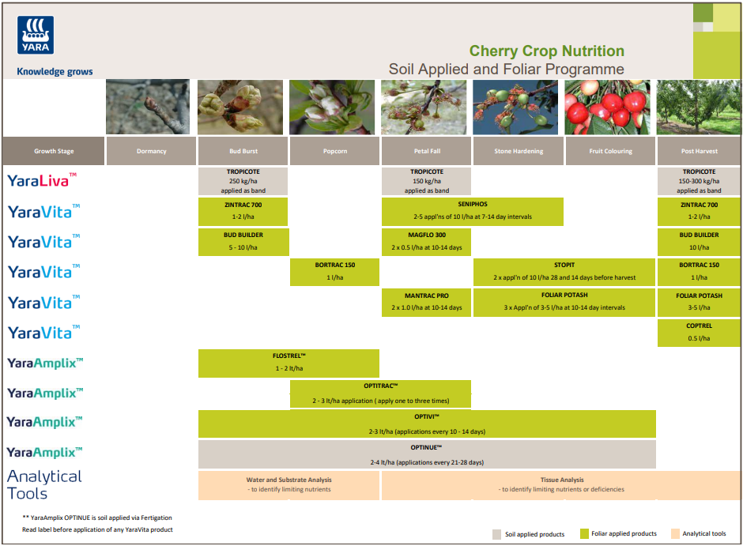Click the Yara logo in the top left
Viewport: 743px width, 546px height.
tap(35, 35)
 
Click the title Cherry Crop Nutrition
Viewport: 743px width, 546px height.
tap(546, 51)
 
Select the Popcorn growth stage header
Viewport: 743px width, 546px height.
tap(335, 151)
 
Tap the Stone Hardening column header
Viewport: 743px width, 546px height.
tap(518, 151)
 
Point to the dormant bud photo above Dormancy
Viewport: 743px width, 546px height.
tap(148, 107)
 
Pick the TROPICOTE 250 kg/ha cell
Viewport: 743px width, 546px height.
tap(243, 181)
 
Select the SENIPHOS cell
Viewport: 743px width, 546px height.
tap(472, 211)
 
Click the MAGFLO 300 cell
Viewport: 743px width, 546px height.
tap(426, 241)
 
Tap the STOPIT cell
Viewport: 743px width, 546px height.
tap(564, 271)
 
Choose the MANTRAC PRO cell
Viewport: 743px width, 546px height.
tap(426, 301)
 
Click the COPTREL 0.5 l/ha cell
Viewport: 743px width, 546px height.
tap(699, 332)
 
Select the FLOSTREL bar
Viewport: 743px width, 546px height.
tap(289, 363)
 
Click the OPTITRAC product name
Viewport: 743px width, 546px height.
tap(380, 386)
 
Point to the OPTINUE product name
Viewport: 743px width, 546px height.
tap(426, 446)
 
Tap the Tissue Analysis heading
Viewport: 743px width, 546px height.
tap(561, 480)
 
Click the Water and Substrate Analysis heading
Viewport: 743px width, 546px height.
tap(289, 480)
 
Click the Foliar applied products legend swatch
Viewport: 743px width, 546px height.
tap(586, 534)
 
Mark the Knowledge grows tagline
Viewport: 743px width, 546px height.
tap(55, 72)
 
